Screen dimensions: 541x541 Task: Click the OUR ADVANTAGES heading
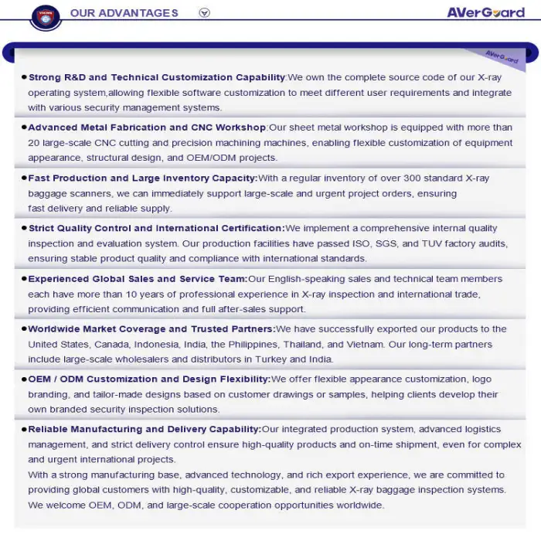(x=124, y=12)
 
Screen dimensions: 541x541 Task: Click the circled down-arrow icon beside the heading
(x=204, y=12)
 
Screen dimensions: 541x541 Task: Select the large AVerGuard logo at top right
(x=485, y=12)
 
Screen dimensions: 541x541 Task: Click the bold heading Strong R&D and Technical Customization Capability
(x=157, y=77)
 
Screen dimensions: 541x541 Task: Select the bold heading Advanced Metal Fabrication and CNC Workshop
(x=148, y=128)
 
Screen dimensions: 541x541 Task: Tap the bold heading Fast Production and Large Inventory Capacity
(x=143, y=178)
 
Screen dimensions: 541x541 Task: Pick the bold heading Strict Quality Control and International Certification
(x=156, y=228)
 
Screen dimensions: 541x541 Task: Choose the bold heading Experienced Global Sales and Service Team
(x=138, y=278)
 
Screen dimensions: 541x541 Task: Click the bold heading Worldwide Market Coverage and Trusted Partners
(x=151, y=328)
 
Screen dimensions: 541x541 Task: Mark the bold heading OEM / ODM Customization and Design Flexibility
(x=149, y=379)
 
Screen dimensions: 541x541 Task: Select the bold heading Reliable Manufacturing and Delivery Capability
(x=145, y=429)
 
